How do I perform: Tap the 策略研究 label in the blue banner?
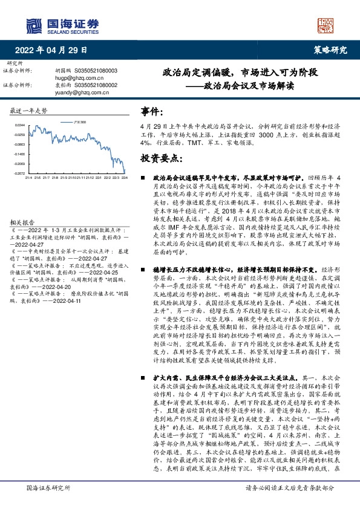(x=330, y=50)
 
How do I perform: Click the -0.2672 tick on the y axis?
(x=19, y=173)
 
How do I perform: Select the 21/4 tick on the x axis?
(x=28, y=178)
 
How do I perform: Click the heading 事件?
(x=151, y=112)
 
